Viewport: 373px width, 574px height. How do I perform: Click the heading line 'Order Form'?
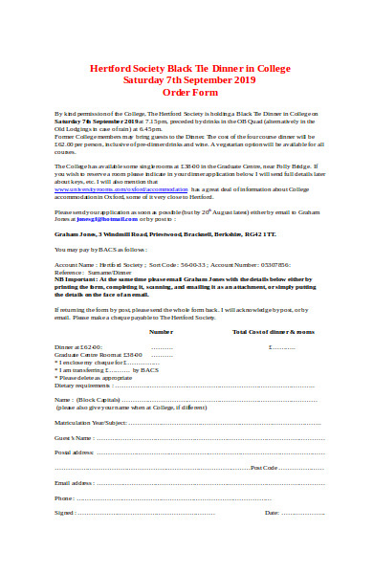click(186, 92)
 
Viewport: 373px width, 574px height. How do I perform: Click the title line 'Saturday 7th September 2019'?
click(186, 80)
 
